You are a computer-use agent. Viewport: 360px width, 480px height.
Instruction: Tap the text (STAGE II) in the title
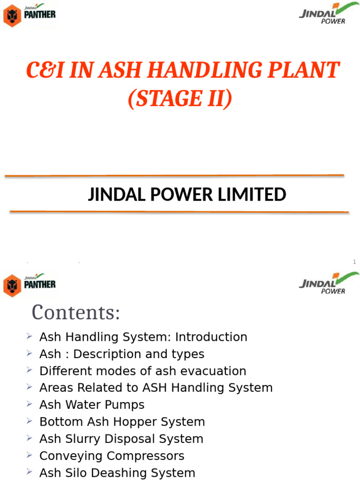(180, 98)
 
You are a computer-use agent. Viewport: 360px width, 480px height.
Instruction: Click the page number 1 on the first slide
(354, 262)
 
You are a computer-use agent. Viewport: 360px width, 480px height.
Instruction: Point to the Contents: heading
(76, 313)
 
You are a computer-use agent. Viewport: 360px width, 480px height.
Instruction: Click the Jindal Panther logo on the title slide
(30, 15)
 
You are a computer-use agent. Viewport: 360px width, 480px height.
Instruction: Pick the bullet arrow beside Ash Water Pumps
(30, 404)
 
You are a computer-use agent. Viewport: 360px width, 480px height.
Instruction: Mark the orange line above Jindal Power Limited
(174, 176)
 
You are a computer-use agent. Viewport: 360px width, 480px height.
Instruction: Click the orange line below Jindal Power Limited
(179, 212)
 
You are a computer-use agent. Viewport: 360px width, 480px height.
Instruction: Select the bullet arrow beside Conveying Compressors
(30, 455)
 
